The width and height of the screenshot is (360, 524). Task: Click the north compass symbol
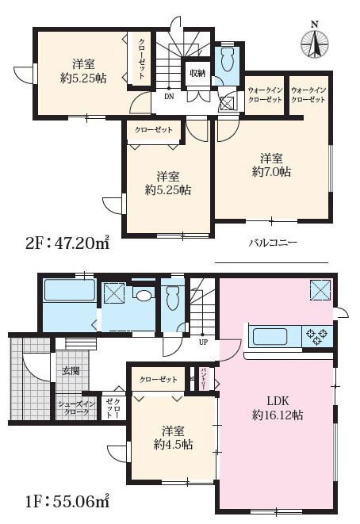316,41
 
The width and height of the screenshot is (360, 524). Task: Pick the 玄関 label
70,371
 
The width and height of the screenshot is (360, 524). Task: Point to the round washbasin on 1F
144,295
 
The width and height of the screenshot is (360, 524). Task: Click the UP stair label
202,343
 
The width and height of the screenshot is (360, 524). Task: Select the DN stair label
168,96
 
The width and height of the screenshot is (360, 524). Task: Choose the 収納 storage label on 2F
197,73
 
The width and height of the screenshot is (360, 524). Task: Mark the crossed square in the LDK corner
320,289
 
